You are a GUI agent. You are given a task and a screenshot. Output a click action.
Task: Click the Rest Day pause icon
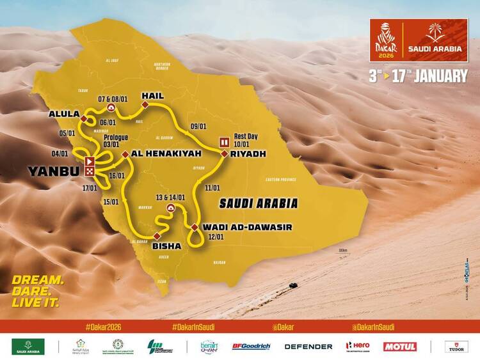point(225,141)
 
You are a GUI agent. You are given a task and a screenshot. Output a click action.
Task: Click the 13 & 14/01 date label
point(172,197)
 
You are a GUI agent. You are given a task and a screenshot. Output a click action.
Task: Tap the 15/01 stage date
point(111,201)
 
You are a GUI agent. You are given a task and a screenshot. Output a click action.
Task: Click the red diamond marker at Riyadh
point(225,154)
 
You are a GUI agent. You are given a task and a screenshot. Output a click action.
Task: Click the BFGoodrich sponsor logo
point(252,346)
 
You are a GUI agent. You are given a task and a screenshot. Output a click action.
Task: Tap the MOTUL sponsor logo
point(400,346)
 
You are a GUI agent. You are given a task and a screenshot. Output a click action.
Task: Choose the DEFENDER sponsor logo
point(308,346)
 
